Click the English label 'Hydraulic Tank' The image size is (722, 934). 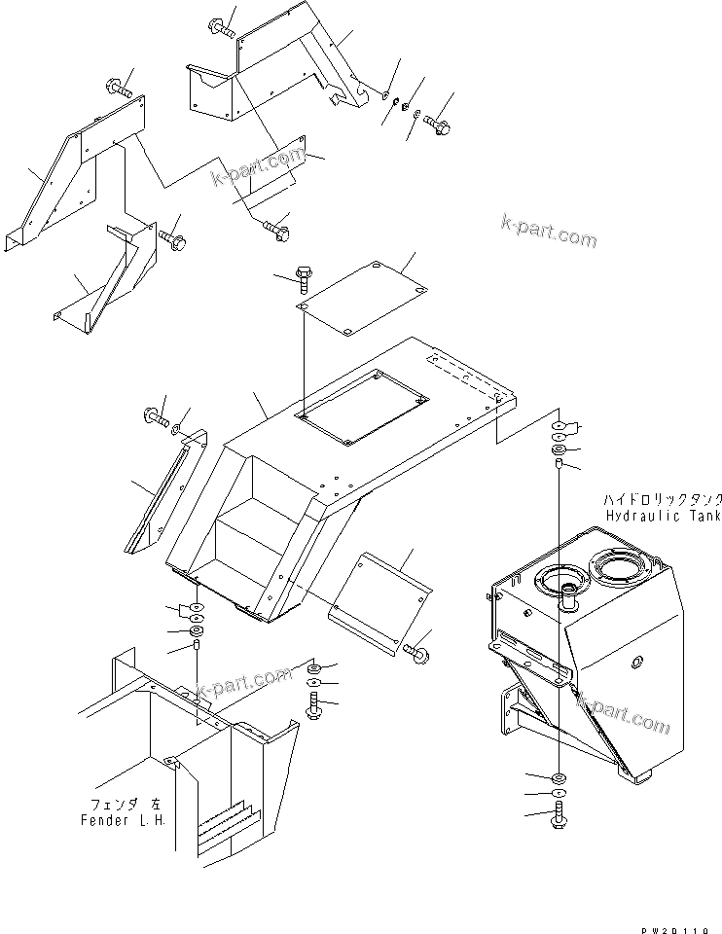662,515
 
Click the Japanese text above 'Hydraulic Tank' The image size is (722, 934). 662,497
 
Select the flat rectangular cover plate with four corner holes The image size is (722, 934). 363,298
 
